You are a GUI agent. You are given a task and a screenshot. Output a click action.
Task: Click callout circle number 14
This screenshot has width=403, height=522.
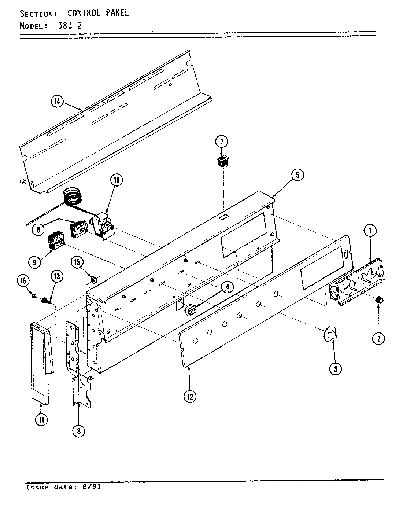pyautogui.click(x=57, y=102)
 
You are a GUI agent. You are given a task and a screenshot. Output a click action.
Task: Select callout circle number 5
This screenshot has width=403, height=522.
pyautogui.click(x=297, y=175)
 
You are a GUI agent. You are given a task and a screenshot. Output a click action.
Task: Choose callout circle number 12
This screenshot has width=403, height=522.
pyautogui.click(x=190, y=396)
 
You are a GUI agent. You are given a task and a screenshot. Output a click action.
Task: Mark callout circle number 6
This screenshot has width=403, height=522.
pyautogui.click(x=78, y=431)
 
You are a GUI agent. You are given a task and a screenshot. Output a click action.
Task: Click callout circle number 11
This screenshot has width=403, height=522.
pyautogui.click(x=41, y=420)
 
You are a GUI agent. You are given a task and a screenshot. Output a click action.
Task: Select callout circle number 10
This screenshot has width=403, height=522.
pyautogui.click(x=117, y=180)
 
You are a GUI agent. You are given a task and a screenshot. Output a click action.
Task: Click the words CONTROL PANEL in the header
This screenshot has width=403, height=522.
pyautogui.click(x=98, y=13)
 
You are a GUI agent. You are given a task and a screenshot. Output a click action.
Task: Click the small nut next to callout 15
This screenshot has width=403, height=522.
pyautogui.click(x=93, y=280)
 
